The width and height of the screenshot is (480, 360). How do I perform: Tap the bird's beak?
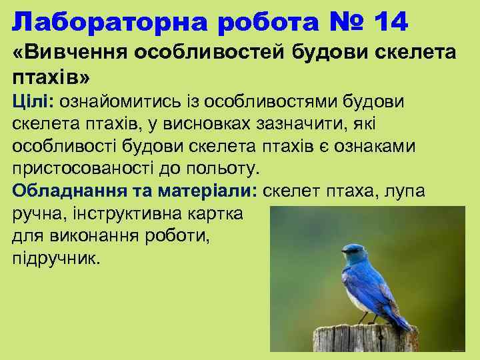pos(339,253)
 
